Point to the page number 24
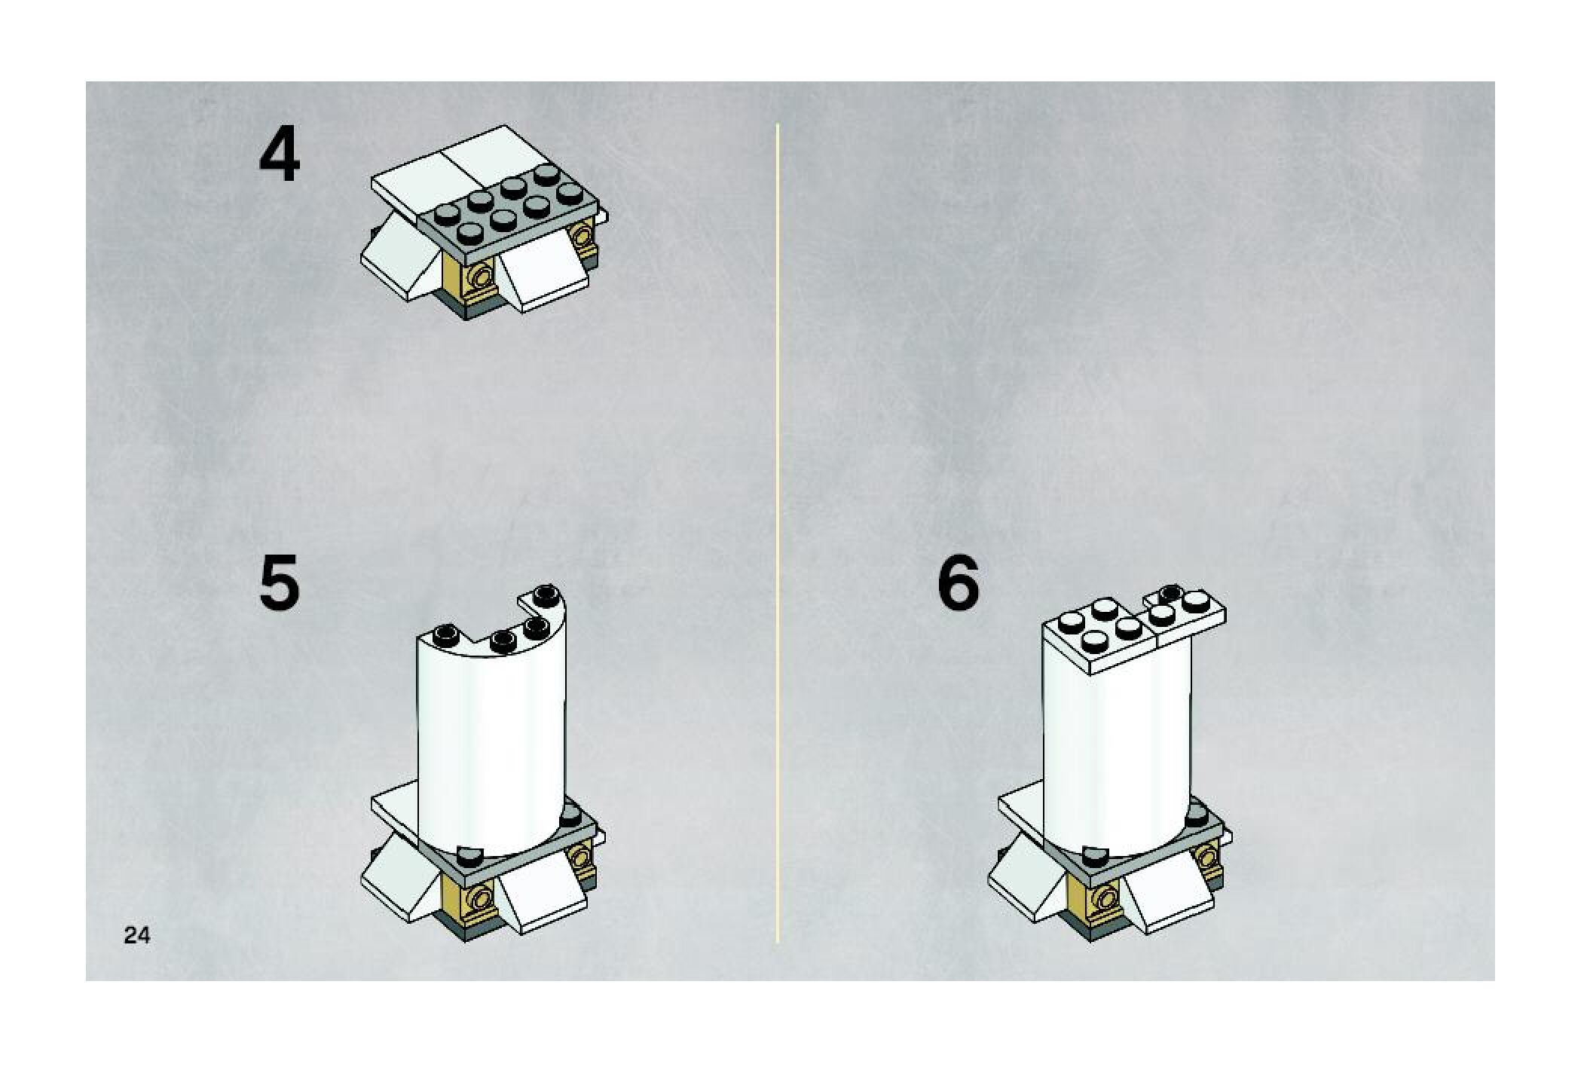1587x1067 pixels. coord(136,935)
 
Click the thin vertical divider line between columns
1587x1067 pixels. coord(777,533)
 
